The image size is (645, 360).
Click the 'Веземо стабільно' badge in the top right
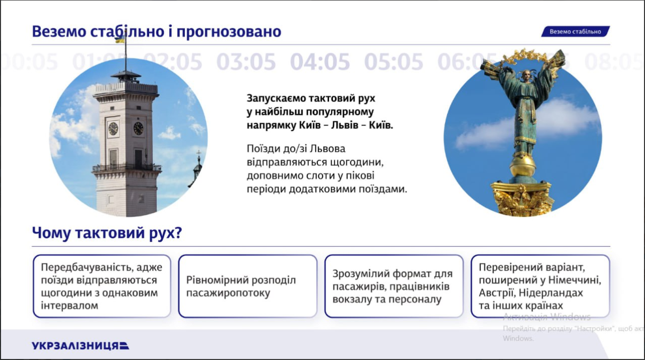[x=575, y=32]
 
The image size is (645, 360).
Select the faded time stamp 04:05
[x=320, y=62]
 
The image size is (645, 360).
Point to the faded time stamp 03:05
[x=246, y=62]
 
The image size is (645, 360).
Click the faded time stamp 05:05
[x=394, y=62]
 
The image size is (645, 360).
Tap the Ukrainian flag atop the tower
[x=120, y=39]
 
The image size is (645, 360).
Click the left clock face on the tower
[x=113, y=129]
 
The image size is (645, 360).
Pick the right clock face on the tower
[x=138, y=129]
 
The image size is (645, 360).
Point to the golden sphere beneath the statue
[x=522, y=165]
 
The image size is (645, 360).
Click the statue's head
[x=527, y=76]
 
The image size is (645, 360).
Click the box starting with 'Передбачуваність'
[x=102, y=286]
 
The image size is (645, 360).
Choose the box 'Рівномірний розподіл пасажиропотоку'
[x=248, y=286]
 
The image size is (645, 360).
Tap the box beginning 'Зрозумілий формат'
[x=394, y=286]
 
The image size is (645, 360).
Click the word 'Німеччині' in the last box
[x=578, y=280]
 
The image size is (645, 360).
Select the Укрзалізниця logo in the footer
[x=81, y=345]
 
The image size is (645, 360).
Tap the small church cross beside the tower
[x=199, y=154]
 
